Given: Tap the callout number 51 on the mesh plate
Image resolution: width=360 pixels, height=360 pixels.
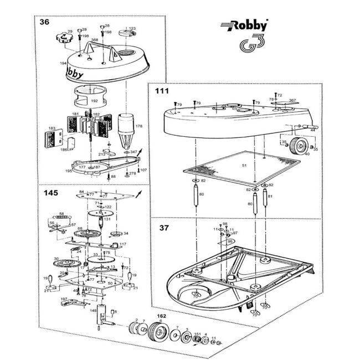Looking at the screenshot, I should point(244,165).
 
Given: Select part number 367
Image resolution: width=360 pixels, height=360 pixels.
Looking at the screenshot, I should point(292,100).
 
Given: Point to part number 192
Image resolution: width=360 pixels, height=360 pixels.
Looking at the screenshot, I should point(94,101).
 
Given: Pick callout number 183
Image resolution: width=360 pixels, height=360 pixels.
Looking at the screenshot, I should point(52,128).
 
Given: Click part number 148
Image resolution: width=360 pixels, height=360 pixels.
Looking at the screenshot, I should point(94,310).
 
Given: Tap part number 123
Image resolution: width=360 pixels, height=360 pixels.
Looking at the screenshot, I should point(132,29).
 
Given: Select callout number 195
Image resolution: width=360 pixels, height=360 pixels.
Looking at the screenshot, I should point(69,171).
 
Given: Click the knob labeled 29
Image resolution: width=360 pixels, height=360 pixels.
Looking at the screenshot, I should point(63,39).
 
